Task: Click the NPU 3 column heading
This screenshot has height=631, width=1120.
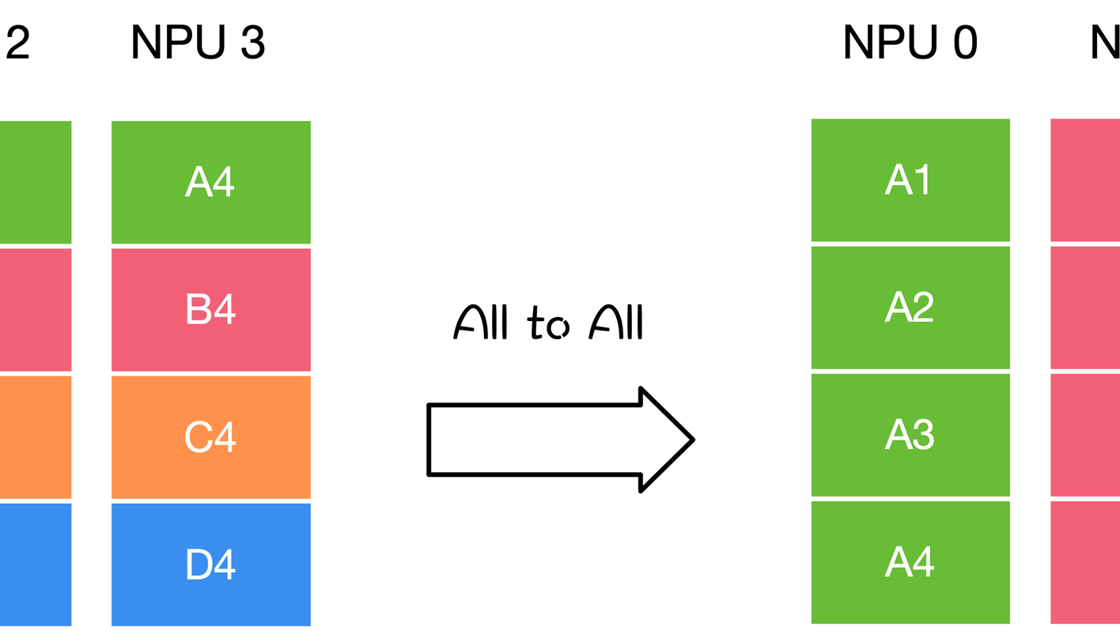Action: click(x=198, y=43)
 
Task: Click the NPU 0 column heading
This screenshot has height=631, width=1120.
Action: click(x=910, y=43)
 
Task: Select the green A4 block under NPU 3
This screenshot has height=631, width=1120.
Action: click(x=211, y=182)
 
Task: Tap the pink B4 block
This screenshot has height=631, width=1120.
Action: click(x=211, y=309)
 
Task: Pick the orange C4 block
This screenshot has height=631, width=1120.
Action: click(x=211, y=437)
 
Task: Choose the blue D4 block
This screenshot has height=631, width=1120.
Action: click(x=211, y=565)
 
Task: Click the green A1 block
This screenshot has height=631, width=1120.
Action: click(x=910, y=180)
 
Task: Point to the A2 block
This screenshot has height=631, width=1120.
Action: click(x=910, y=308)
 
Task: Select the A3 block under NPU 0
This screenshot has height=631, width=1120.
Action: click(x=910, y=435)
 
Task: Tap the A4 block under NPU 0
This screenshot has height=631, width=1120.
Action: click(x=910, y=562)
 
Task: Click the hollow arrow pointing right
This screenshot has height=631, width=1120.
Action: click(x=560, y=440)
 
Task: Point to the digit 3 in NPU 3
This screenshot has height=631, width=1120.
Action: click(x=252, y=43)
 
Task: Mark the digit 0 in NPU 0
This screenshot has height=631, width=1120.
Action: click(x=965, y=43)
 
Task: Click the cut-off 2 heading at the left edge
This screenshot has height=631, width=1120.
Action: click(x=17, y=43)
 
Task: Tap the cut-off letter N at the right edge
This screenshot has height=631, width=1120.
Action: click(x=1106, y=43)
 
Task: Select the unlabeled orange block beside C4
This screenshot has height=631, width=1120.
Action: click(x=36, y=437)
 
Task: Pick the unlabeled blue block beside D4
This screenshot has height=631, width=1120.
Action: click(x=36, y=565)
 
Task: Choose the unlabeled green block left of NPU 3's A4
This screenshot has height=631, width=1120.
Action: click(x=36, y=182)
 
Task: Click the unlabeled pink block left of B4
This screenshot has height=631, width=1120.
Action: click(x=36, y=309)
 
